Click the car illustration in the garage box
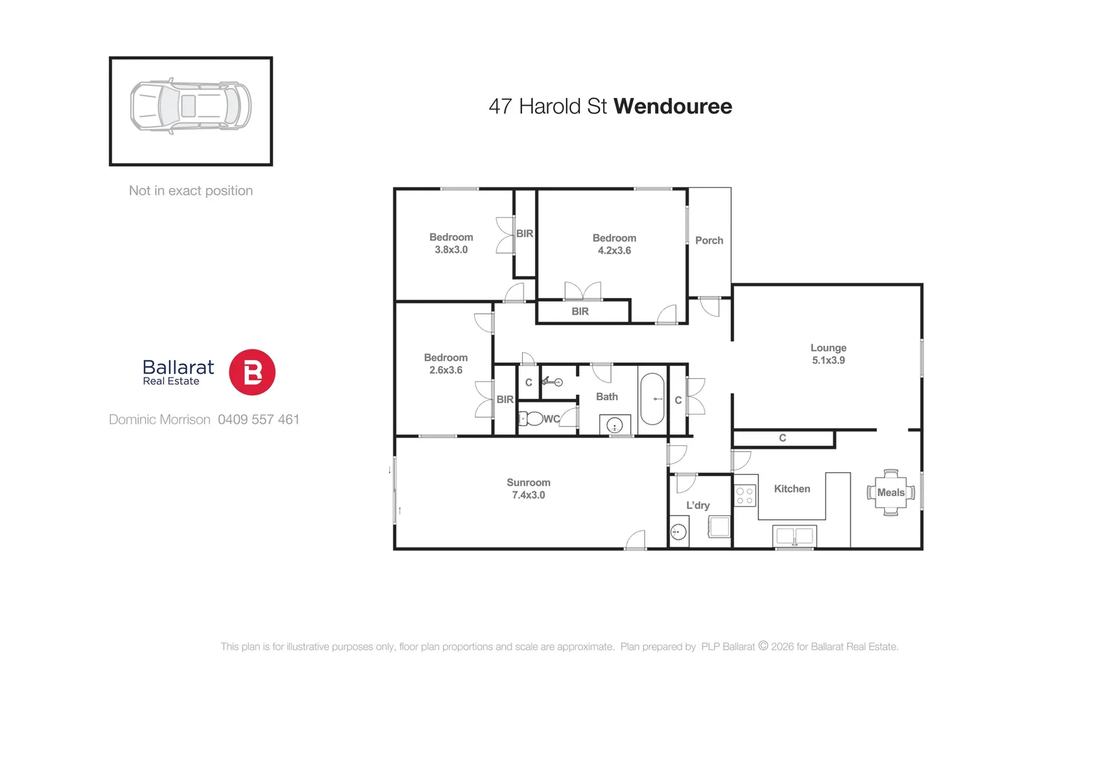(x=190, y=106)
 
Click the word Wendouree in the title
(x=672, y=107)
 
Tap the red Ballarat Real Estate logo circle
(x=252, y=372)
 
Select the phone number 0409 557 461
(x=258, y=420)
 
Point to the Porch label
(x=709, y=241)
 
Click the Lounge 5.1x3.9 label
(x=828, y=354)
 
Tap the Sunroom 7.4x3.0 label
(x=528, y=489)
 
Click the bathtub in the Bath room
(x=652, y=399)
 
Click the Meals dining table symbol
(x=891, y=493)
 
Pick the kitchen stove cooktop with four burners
(x=745, y=496)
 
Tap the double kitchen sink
(x=795, y=535)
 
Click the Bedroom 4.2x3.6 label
(x=614, y=244)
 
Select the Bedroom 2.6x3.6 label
(x=445, y=364)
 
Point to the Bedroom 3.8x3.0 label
(x=451, y=243)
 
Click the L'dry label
(x=697, y=505)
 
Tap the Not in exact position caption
(x=190, y=191)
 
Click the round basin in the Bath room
(x=614, y=426)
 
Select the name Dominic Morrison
(x=160, y=420)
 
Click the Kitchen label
(x=792, y=489)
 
